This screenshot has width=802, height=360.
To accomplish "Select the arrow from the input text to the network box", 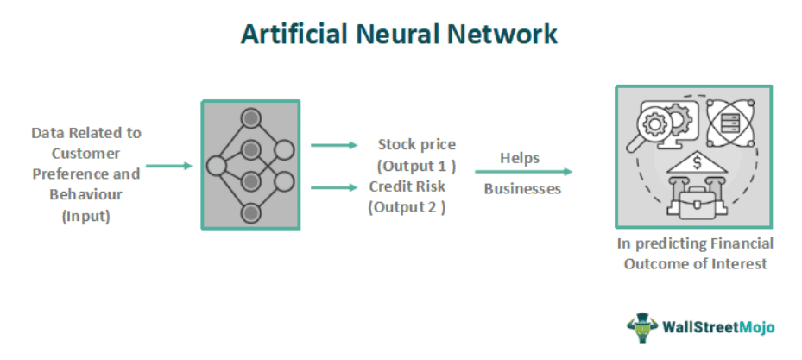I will [x=168, y=165].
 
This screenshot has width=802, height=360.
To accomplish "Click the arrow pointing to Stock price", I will [x=332, y=146].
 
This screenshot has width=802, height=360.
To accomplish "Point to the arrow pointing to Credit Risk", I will [x=332, y=186].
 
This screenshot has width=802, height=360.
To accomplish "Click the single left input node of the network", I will [x=216, y=165].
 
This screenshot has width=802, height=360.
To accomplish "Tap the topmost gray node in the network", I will [x=250, y=117].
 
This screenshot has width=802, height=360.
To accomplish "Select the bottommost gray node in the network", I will [x=250, y=212].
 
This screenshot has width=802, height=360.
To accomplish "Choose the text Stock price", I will [x=417, y=144].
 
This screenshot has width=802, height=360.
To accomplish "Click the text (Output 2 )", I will [x=407, y=206].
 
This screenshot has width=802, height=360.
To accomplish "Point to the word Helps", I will [x=520, y=158].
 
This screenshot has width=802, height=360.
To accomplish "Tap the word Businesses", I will [x=522, y=188].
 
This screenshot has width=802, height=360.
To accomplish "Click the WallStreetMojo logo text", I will [x=718, y=328].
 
